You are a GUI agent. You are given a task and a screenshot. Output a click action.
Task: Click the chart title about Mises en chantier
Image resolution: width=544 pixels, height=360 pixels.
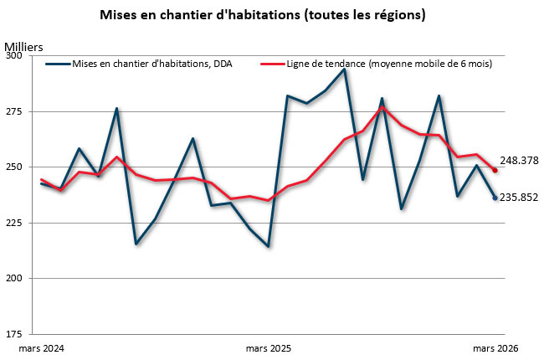click(273, 15)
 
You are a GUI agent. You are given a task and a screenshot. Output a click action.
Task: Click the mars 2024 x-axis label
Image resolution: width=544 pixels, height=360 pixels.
click(41, 347)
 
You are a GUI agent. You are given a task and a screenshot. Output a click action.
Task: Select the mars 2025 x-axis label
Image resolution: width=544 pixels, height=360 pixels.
click(269, 347)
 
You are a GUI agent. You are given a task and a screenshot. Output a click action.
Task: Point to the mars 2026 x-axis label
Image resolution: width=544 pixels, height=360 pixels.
click(495, 347)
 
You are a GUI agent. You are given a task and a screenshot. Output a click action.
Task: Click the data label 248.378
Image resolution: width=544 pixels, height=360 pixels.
click(519, 161)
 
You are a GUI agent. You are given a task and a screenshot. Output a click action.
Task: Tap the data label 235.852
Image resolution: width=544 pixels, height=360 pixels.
click(519, 198)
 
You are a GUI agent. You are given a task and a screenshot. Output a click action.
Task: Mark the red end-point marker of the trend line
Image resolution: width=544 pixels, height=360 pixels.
click(495, 171)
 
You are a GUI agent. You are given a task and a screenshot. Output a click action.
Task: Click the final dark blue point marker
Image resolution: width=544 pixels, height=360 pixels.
click(495, 198)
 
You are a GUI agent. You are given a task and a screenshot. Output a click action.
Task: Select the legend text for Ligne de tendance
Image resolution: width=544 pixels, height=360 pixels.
click(388, 64)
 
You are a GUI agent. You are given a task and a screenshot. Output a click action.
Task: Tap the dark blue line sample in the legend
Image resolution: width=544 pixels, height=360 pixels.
click(58, 64)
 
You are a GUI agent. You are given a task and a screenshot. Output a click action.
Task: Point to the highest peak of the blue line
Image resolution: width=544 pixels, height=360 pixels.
click(344, 69)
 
